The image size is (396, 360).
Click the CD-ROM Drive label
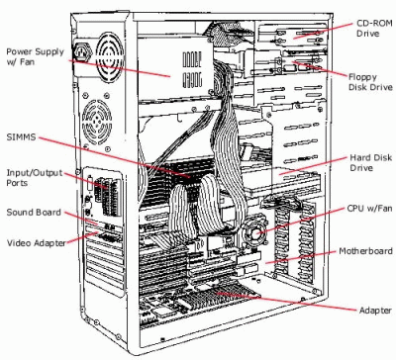[374, 29]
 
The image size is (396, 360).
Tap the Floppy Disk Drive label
[370, 82]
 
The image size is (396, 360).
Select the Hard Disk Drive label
[370, 162]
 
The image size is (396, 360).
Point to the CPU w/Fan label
[369, 209]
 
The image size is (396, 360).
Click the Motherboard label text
[365, 251]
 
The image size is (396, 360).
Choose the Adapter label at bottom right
[375, 311]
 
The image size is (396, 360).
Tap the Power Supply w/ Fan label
[35, 56]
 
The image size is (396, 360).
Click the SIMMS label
[21, 136]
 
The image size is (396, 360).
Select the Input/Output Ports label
[35, 178]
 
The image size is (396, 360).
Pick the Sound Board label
[34, 212]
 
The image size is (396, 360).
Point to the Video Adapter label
[37, 243]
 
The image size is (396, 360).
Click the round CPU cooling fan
[255, 231]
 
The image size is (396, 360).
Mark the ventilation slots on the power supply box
[192, 69]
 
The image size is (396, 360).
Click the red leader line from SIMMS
[114, 157]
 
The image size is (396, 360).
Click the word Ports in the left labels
[17, 183]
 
